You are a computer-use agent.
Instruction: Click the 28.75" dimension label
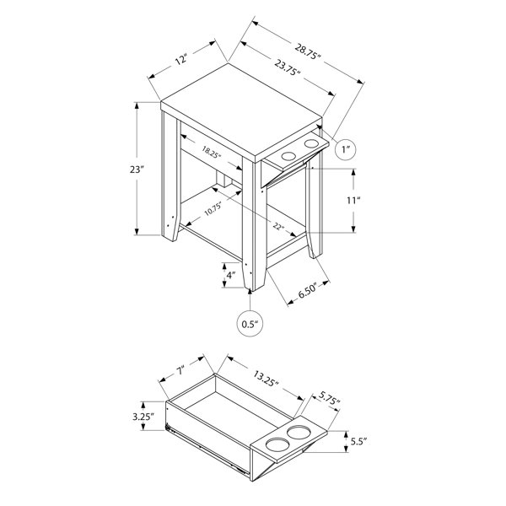pos(308,51)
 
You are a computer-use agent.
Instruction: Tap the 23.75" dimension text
pos(288,67)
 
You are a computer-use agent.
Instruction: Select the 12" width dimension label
pos(181,59)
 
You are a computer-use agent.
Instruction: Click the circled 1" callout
pos(346,149)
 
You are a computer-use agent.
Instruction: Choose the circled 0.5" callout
pos(250,324)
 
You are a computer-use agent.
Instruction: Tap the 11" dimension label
pos(353,201)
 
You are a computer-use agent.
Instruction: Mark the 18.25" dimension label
pos(212,151)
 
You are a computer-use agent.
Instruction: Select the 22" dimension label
pos(278,225)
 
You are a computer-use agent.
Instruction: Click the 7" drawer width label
pos(180,370)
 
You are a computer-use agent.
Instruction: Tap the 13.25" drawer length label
pos(266,379)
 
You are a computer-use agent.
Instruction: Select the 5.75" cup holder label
pos(330,397)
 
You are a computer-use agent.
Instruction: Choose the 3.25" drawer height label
pos(143,417)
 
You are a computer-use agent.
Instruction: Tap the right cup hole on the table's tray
pos(311,144)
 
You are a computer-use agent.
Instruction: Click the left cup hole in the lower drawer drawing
pos(274,444)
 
